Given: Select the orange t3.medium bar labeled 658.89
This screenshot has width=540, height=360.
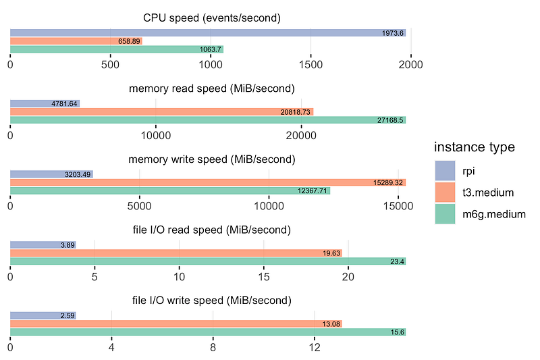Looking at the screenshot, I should coord(76,41).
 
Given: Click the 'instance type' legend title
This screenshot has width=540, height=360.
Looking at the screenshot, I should coord(475,147).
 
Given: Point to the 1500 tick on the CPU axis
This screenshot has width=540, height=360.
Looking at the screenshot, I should coord(310,65).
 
